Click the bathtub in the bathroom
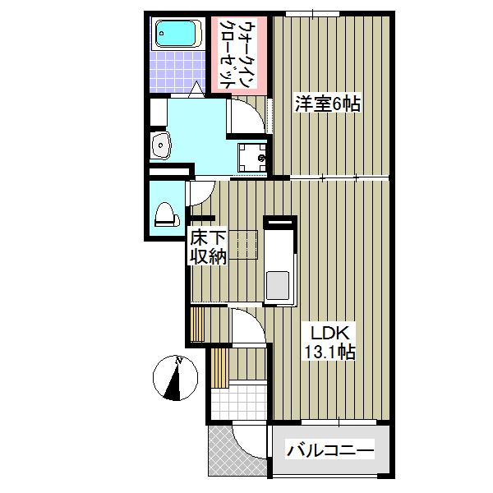[177, 35]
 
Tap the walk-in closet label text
[235, 53]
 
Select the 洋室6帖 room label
[329, 104]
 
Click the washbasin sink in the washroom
[161, 147]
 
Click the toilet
[165, 214]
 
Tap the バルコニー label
[329, 450]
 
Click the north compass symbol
[174, 377]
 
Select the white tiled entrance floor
[237, 401]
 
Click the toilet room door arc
[200, 193]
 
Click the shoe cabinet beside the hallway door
[197, 323]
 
